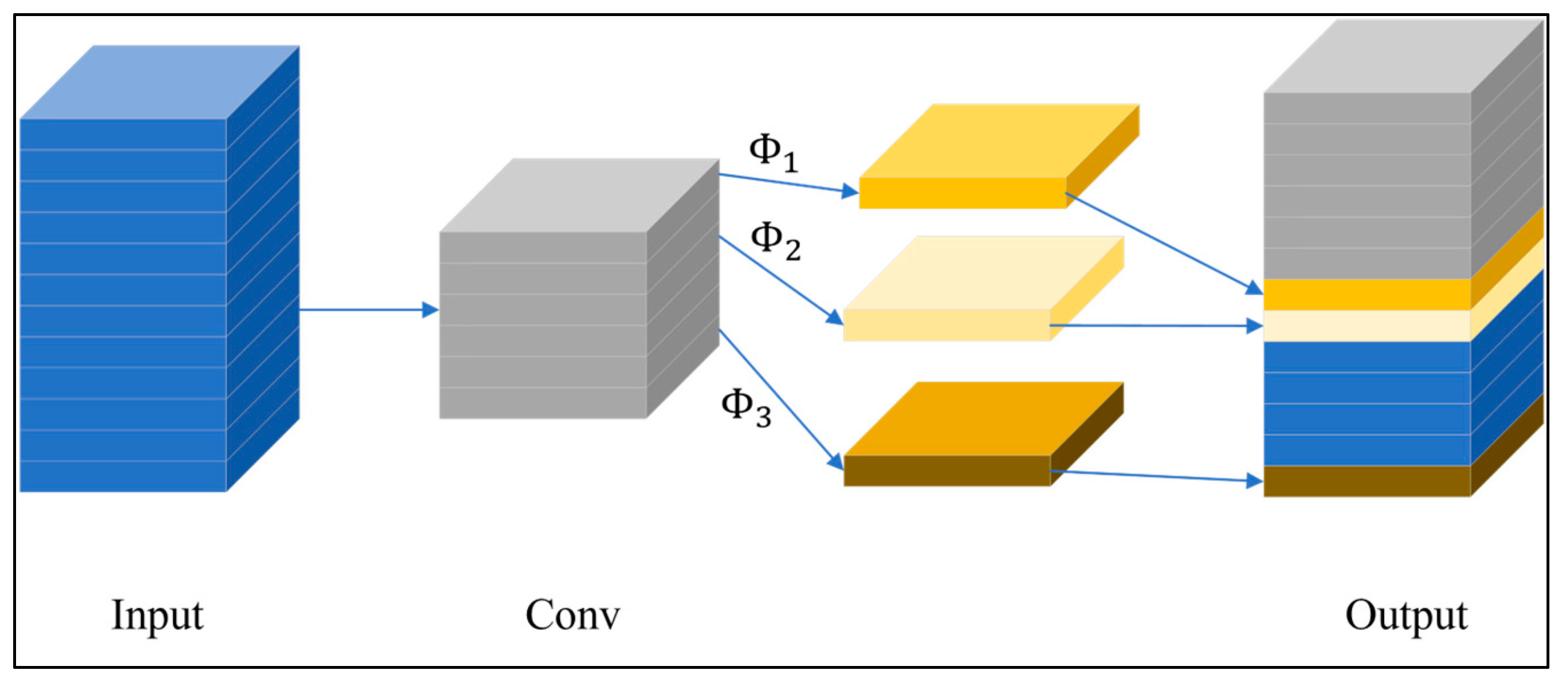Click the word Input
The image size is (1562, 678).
tap(157, 616)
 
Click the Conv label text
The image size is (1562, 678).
tap(572, 615)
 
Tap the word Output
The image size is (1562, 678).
tap(1406, 616)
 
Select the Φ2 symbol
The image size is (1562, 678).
tap(775, 241)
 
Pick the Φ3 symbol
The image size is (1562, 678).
tap(745, 407)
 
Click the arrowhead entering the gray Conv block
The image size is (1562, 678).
tap(430, 310)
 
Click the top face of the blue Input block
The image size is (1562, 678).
tap(160, 82)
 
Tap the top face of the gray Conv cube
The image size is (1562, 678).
tap(579, 195)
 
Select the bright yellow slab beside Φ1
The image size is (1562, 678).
tap(994, 158)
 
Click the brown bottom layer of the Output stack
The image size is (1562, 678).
tap(1367, 481)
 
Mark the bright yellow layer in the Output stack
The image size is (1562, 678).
tap(1367, 294)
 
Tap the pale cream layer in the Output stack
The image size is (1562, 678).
tap(1367, 326)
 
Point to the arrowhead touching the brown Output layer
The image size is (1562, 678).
tap(1254, 481)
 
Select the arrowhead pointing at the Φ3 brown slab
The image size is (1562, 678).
tap(836, 462)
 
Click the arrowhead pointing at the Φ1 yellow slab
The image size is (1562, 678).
tap(850, 192)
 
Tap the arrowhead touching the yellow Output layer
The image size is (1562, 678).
tap(1254, 289)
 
